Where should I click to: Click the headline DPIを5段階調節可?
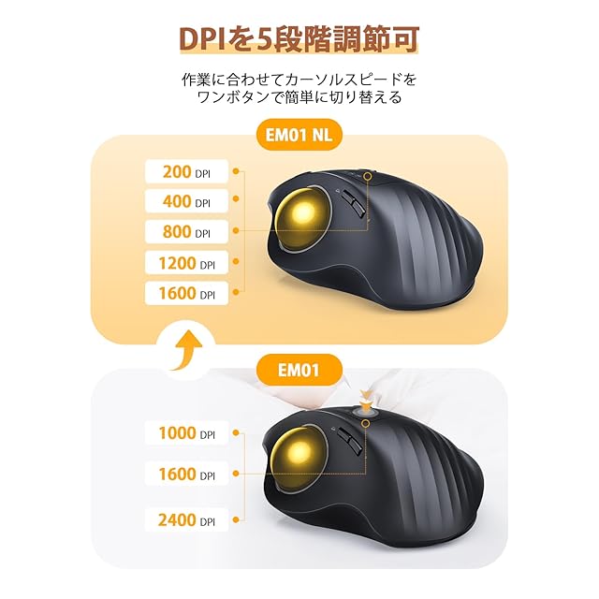pos(299,38)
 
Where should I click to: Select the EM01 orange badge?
pos(299,370)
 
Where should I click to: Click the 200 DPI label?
pos(188,171)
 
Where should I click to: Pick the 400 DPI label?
pos(188,201)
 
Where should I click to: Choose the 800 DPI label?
pos(188,232)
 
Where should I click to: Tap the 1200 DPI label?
pos(188,262)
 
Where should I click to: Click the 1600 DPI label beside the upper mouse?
pos(188,293)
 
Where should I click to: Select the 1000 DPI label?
pos(188,433)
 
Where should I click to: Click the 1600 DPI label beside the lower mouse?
pos(188,475)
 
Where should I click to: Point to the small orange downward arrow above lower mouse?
pos(366,394)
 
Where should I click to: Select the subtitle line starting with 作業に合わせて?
pos(299,80)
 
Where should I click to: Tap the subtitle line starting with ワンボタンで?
pos(299,98)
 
